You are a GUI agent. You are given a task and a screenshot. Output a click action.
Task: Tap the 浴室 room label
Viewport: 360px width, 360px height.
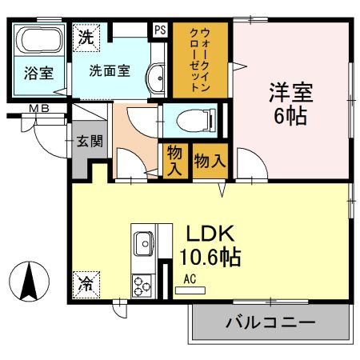(x=38, y=74)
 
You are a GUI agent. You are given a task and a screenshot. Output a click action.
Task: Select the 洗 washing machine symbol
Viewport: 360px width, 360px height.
(x=85, y=35)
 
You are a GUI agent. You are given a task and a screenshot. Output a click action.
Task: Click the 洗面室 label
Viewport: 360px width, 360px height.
(x=109, y=70)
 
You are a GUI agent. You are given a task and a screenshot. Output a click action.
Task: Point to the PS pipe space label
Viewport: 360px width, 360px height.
(x=160, y=30)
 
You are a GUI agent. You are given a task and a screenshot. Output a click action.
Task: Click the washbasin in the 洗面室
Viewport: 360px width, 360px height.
(x=157, y=79)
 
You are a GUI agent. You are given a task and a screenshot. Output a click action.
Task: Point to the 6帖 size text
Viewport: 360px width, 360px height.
(x=290, y=116)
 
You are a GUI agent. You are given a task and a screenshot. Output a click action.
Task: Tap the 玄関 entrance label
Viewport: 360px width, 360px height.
(x=89, y=142)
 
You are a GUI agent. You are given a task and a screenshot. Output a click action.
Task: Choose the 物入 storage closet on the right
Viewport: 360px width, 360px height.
(x=210, y=160)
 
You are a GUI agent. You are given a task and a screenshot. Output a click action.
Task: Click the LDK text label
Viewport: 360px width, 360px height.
(x=210, y=234)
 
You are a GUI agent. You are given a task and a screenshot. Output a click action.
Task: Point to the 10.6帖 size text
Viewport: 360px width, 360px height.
(x=210, y=258)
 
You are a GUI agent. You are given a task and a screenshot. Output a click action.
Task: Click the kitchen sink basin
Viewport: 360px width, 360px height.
(x=145, y=241)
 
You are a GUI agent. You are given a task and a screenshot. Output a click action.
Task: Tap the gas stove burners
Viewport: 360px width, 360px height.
(x=142, y=285)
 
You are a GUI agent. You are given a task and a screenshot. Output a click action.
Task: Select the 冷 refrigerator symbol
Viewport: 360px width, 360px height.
(x=84, y=282)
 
